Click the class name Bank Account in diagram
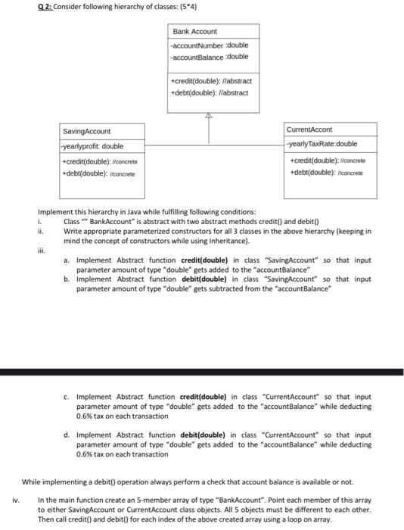point(194,32)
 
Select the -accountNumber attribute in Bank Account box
point(210,45)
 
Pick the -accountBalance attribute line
point(210,57)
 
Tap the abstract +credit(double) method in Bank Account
point(211,81)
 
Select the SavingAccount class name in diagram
point(86,132)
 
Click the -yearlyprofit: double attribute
point(92,146)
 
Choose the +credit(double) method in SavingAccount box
point(100,161)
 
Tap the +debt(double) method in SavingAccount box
point(97,173)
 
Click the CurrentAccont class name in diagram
point(310,129)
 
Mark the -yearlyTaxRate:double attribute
point(323,144)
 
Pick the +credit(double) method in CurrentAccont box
point(328,161)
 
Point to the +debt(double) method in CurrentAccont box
point(325,172)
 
